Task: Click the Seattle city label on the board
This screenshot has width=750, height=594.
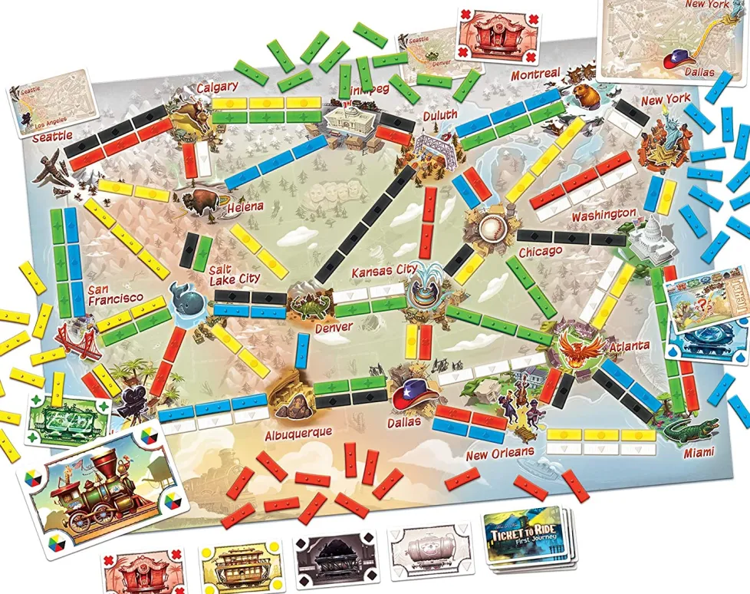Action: tap(52, 135)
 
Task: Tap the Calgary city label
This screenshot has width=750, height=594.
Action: tap(217, 87)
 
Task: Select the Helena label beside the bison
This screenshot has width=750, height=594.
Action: tap(244, 206)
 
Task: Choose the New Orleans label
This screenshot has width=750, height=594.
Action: tap(499, 452)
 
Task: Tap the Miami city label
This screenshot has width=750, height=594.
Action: tap(700, 451)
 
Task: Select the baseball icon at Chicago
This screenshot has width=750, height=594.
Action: tap(490, 226)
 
